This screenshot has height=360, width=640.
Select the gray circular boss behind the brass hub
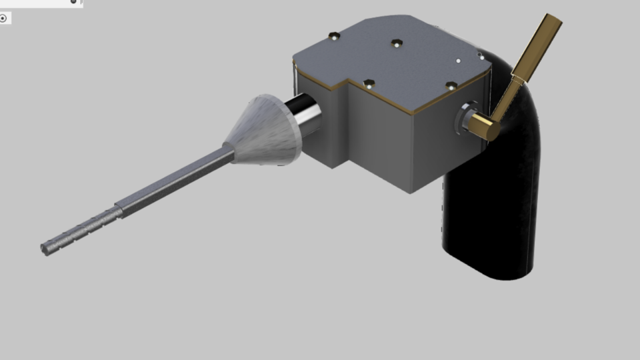[465, 116]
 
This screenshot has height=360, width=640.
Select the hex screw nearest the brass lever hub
[451, 85]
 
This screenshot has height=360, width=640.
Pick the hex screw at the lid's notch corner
[369, 83]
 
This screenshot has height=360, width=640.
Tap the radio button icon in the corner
[3, 18]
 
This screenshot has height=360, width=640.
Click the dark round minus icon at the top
[73, 2]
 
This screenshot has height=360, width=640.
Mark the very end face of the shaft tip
[44, 249]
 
